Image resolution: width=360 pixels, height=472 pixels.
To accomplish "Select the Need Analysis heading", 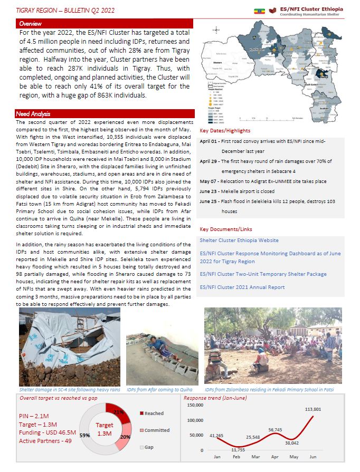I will [33, 114].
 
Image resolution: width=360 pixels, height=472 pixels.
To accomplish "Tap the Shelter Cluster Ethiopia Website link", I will [239, 240].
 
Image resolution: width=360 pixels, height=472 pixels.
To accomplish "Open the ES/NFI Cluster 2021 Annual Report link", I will [242, 287].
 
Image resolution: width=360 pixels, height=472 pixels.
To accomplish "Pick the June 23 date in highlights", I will [210, 192].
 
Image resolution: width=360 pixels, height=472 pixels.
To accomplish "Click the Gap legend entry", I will [148, 447].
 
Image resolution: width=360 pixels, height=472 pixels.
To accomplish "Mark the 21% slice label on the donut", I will [118, 412].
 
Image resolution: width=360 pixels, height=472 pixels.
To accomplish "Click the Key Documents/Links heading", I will [225, 229].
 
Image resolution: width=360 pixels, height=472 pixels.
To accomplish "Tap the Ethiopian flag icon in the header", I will [260, 10].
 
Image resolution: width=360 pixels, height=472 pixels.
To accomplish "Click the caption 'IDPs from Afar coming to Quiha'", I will [159, 389].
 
